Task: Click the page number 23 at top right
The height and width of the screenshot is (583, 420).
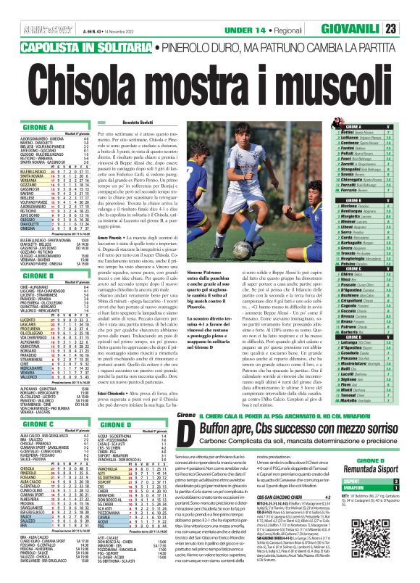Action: click(410, 29)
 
